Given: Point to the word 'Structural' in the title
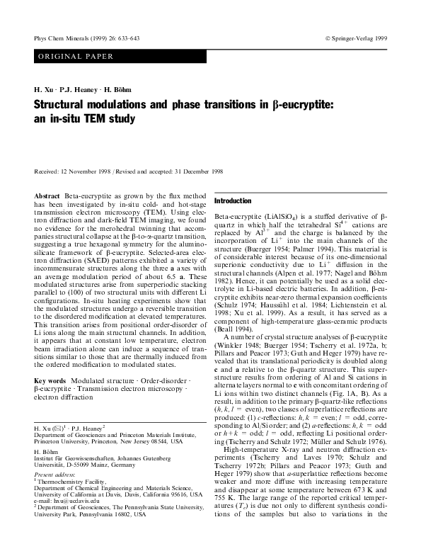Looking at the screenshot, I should (63, 106).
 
